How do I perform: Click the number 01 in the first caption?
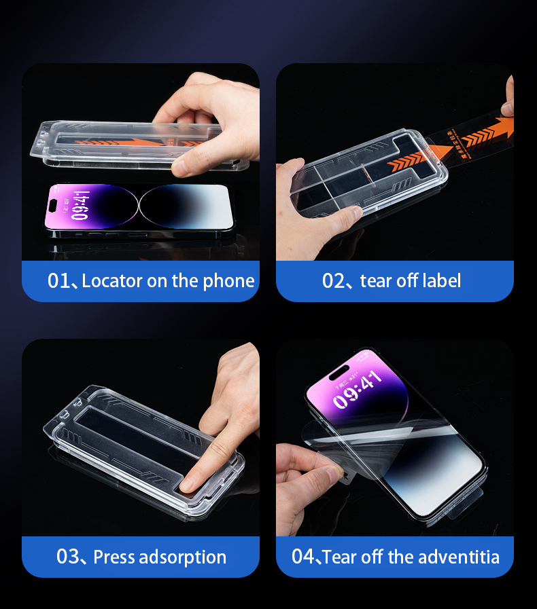click(58, 281)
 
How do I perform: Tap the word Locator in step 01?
click(112, 281)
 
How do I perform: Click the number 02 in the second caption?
click(334, 281)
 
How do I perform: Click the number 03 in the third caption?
click(68, 557)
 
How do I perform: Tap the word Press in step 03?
click(114, 557)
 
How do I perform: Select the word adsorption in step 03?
click(183, 557)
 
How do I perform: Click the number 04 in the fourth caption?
click(303, 557)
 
